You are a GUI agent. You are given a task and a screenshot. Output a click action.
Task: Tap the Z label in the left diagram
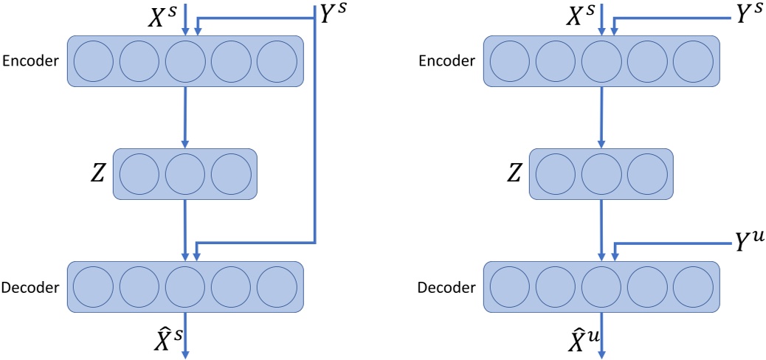97,173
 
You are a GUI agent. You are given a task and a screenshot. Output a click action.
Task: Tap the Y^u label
745,243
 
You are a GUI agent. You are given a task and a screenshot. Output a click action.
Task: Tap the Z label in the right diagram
514,173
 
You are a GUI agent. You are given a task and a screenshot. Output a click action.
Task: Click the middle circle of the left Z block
184,174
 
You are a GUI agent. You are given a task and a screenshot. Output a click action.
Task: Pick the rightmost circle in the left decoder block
277,286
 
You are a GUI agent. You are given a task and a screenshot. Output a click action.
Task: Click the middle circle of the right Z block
601,174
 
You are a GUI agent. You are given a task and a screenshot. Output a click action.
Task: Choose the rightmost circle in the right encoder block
693,61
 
